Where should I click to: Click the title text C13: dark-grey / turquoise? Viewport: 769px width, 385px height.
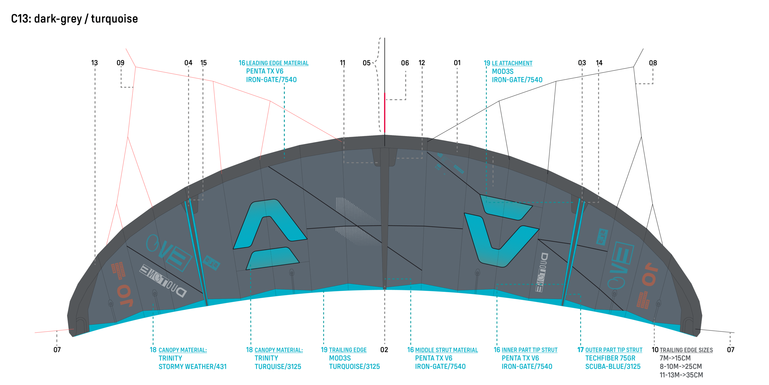pos(74,19)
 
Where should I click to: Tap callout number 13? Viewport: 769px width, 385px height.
pos(94,63)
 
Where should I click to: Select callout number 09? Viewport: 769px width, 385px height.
pos(121,63)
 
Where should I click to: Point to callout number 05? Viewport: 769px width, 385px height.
pos(366,63)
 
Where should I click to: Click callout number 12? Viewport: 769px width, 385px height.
pos(422,63)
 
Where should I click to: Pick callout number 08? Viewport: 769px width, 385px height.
pos(653,63)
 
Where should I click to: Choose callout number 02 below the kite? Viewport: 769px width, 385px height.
pos(384,350)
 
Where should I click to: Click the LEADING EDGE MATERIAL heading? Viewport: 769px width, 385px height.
pos(277,63)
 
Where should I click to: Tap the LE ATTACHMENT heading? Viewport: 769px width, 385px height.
pos(512,63)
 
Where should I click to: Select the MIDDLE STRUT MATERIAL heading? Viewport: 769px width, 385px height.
pos(446,350)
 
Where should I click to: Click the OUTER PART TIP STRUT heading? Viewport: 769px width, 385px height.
pos(614,350)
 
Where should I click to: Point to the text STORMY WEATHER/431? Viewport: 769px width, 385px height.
pos(193,367)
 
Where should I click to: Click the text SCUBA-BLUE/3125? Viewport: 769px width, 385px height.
pos(613,367)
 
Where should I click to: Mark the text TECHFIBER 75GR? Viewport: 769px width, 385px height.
pos(610,358)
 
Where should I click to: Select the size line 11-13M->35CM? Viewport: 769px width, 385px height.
pos(681,375)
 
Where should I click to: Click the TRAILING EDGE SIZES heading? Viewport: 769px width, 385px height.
pos(686,350)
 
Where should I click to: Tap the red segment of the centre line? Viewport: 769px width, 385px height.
pos(384,112)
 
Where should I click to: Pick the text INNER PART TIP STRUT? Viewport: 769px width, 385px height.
pos(529,350)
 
